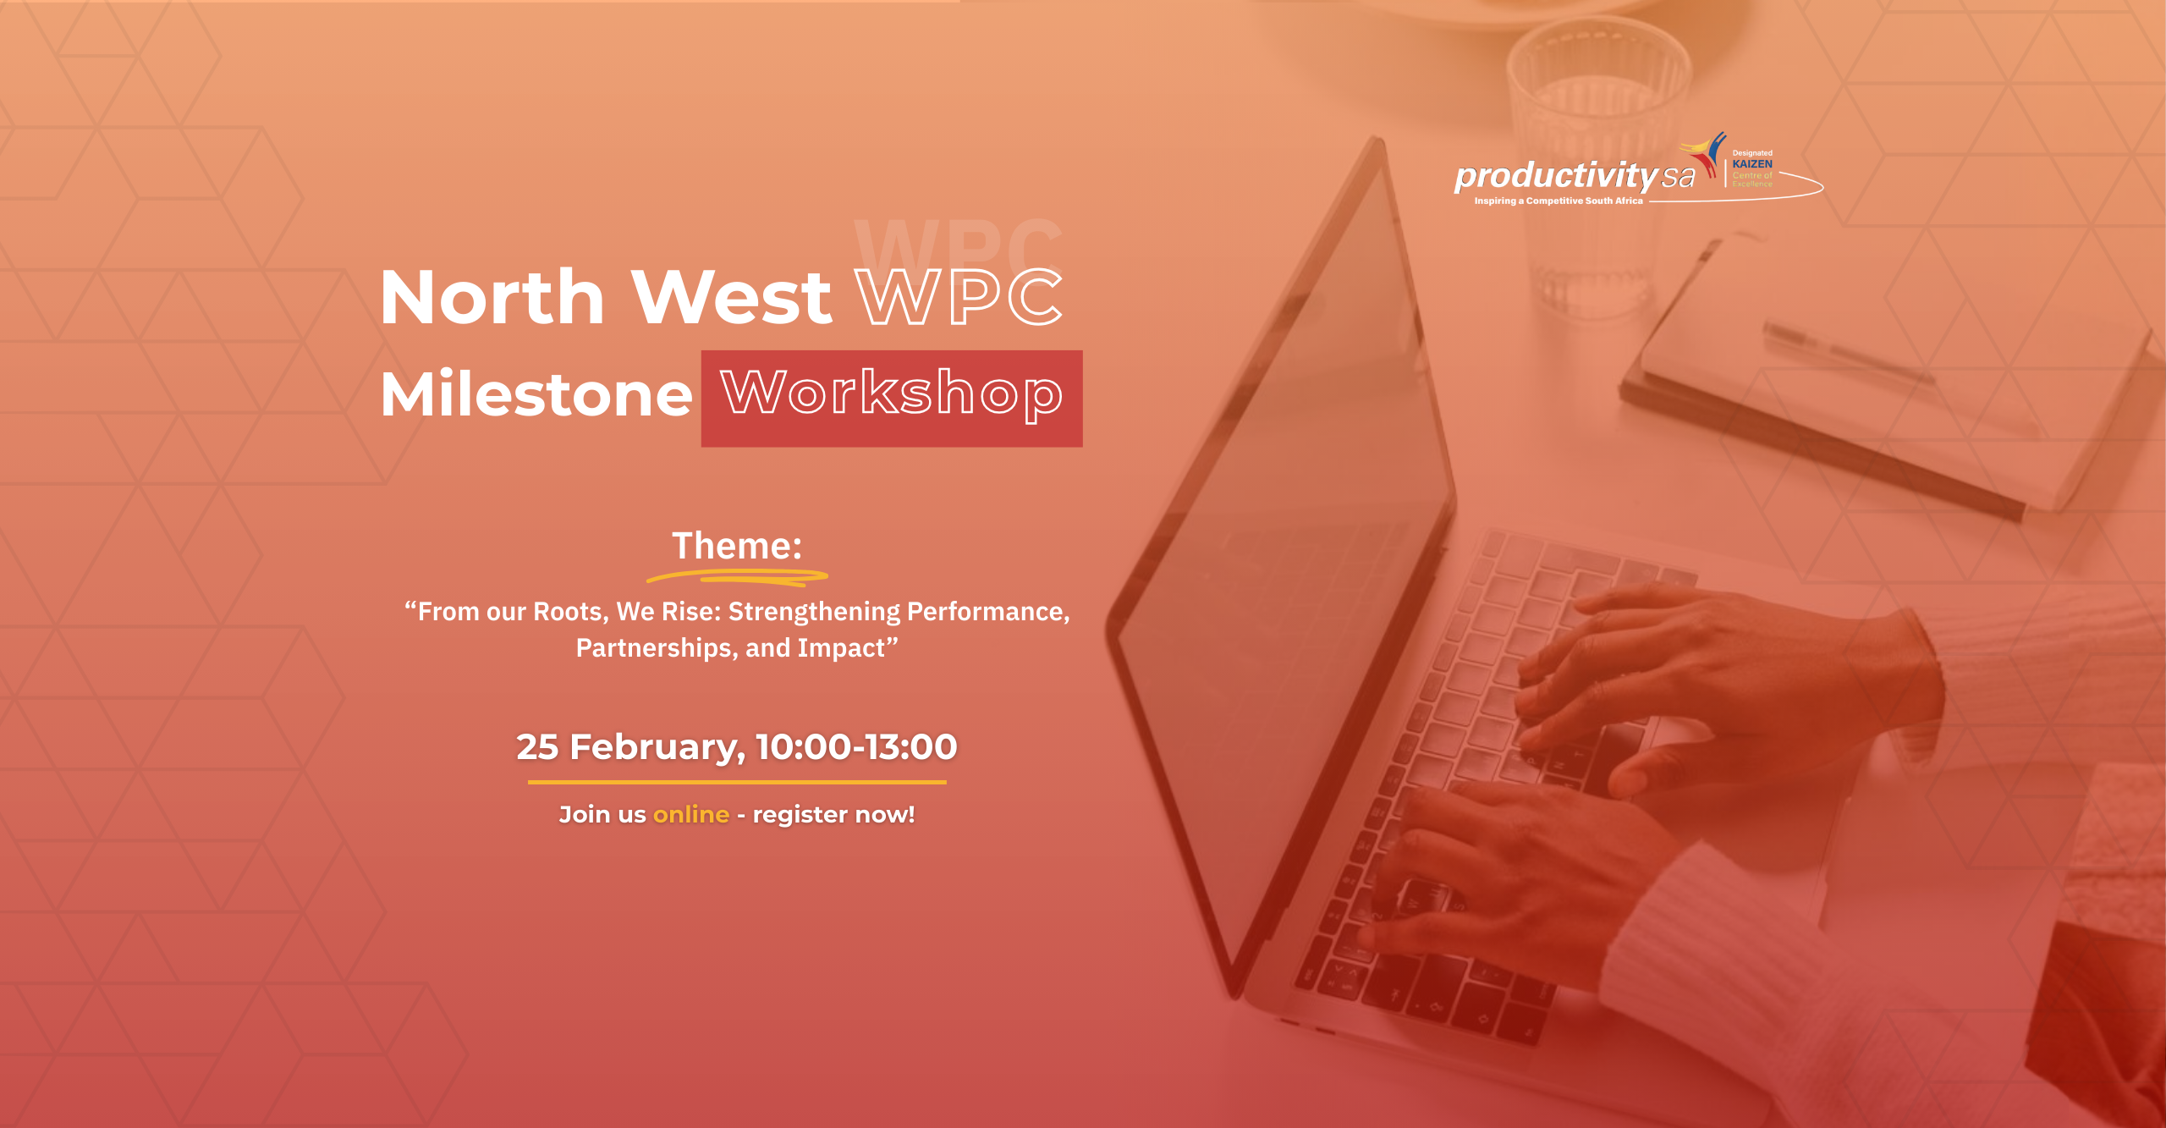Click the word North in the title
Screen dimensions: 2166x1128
[492, 296]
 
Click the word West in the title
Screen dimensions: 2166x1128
[732, 296]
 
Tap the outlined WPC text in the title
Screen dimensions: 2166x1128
[959, 296]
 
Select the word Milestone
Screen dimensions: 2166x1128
[536, 394]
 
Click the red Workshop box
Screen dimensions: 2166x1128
[892, 399]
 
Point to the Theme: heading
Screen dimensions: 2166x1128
[737, 546]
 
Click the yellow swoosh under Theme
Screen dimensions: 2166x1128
[737, 577]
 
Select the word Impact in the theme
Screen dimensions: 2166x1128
[841, 648]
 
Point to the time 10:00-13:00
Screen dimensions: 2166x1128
[856, 747]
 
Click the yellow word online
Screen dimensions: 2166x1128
[691, 814]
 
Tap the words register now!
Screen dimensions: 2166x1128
[833, 815]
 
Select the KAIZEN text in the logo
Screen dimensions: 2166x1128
[1752, 164]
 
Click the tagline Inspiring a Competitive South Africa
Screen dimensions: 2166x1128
[1559, 201]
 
